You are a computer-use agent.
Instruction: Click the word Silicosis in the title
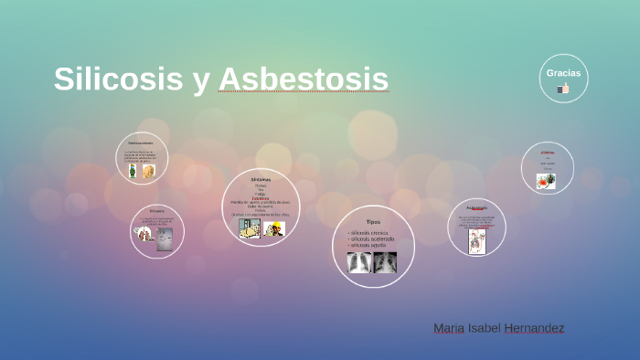point(118,79)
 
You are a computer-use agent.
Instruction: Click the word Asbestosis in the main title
point(304,79)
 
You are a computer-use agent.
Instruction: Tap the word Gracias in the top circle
point(563,73)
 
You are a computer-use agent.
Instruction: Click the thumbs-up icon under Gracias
point(563,89)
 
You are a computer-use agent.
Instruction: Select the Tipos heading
point(373,222)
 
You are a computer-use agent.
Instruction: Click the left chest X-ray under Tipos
point(359,263)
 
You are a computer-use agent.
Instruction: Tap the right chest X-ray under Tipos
point(385,263)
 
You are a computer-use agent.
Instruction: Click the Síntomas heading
point(261,180)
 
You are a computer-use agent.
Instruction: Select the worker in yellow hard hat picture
point(274,229)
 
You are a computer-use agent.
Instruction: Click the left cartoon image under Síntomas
point(250,228)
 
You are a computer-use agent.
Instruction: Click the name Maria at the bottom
point(449,328)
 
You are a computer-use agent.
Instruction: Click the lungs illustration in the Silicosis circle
point(144,235)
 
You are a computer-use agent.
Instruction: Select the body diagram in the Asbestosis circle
point(476,240)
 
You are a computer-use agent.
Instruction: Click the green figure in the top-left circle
point(133,171)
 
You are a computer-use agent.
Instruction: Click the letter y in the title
point(200,80)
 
